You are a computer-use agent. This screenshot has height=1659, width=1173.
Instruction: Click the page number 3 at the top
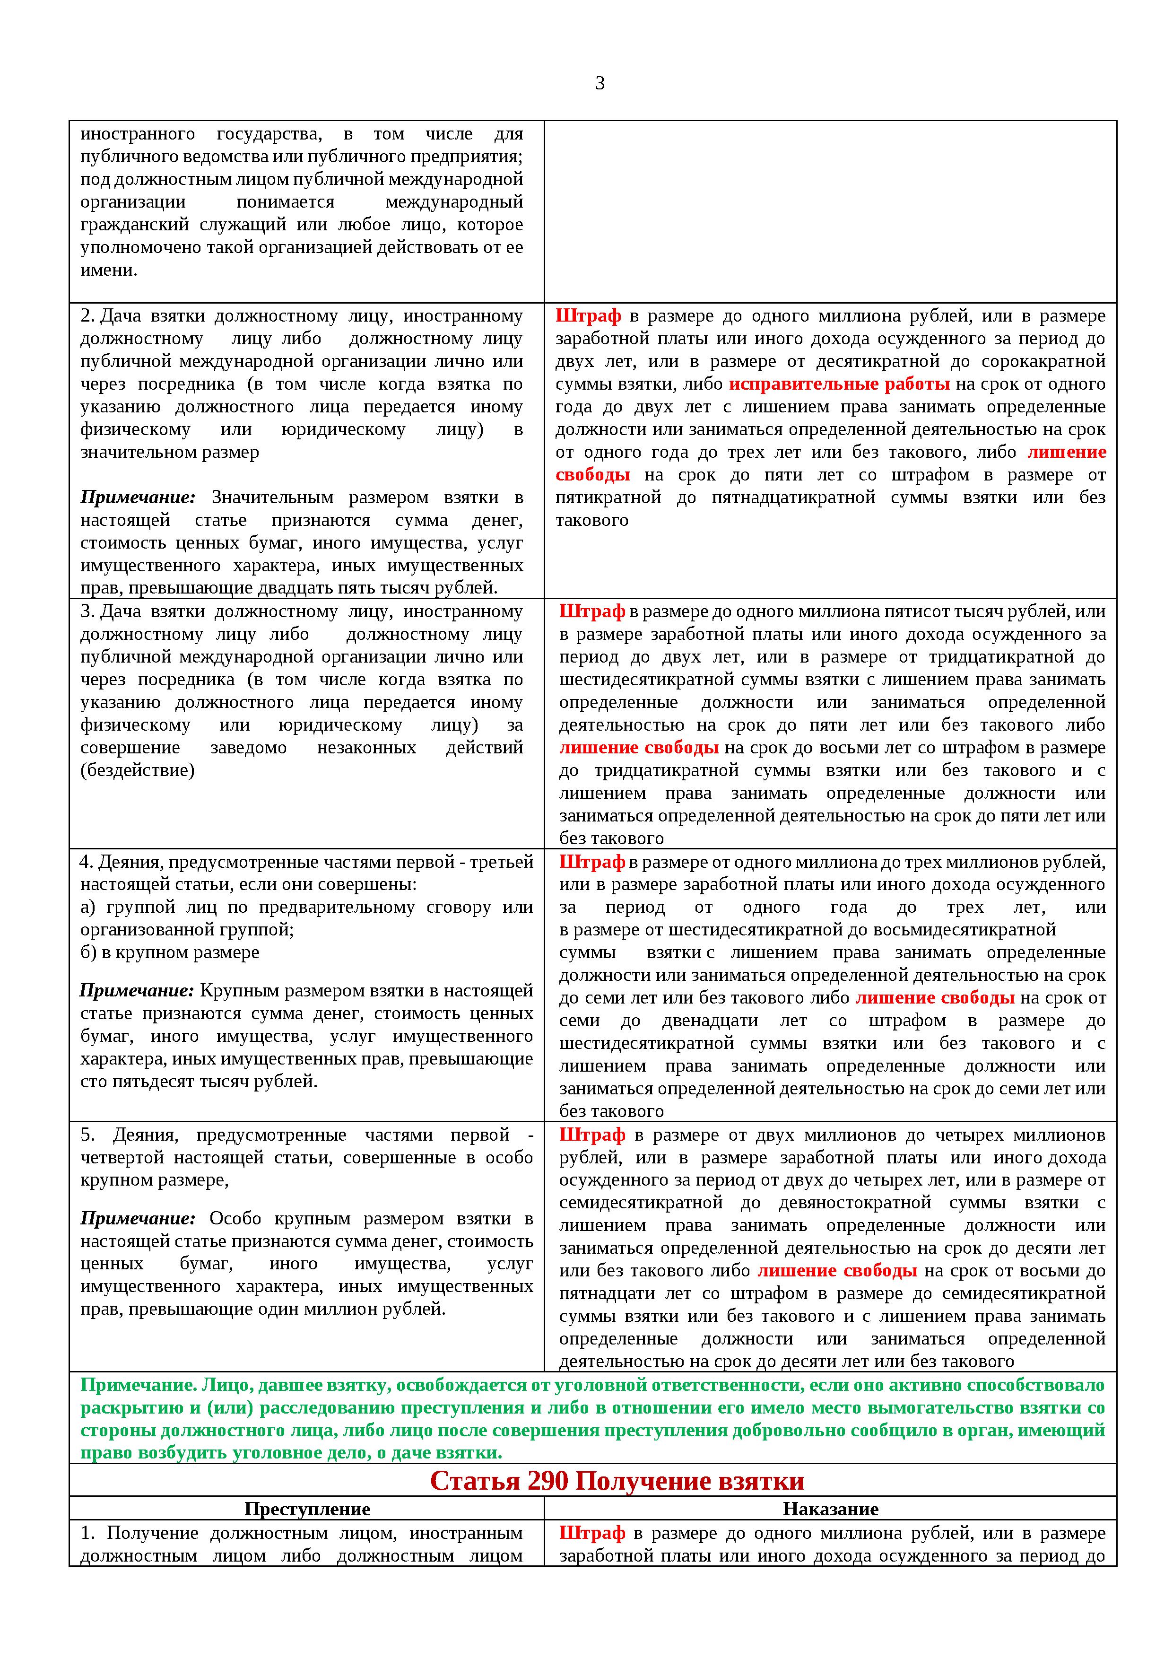pyautogui.click(x=600, y=84)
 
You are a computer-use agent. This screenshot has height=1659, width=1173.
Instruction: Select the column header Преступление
pyautogui.click(x=307, y=1509)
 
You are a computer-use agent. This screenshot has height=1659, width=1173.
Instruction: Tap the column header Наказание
pyautogui.click(x=831, y=1509)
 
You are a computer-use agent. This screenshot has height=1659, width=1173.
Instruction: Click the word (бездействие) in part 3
pyautogui.click(x=137, y=770)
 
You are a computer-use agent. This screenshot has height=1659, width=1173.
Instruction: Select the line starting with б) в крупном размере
pyautogui.click(x=170, y=952)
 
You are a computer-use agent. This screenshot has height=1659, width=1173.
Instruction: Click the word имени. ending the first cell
pyautogui.click(x=108, y=270)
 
